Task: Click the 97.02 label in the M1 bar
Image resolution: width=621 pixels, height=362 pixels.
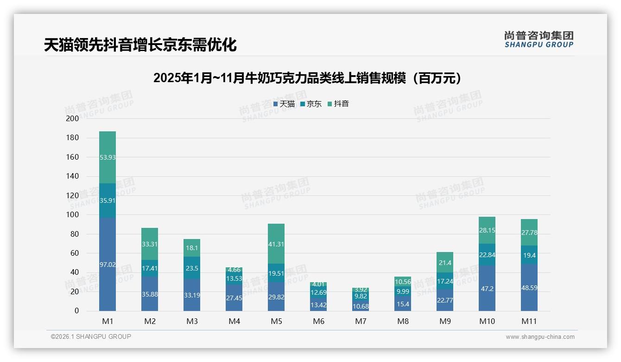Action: tap(108, 265)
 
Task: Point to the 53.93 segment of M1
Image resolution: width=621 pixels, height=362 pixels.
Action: tap(108, 157)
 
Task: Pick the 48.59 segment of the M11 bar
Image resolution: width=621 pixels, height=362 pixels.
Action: tap(529, 288)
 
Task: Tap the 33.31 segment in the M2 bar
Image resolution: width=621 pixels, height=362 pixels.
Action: tap(150, 244)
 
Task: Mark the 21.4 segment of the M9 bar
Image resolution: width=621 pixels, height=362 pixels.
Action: tap(445, 263)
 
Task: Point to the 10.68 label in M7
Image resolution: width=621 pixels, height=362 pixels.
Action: tap(361, 306)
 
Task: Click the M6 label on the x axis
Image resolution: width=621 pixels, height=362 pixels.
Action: tap(318, 321)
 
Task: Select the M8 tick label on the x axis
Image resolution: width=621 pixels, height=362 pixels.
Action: tap(403, 321)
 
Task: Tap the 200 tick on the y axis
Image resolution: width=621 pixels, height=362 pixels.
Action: tap(72, 118)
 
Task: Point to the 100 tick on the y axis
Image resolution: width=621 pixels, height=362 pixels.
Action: tap(72, 215)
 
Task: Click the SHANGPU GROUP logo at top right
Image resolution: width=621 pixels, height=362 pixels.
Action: tap(539, 39)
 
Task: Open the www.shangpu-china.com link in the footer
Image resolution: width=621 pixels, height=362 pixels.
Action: tap(540, 337)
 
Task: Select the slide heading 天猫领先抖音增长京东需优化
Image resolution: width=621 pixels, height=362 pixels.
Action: tap(140, 45)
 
